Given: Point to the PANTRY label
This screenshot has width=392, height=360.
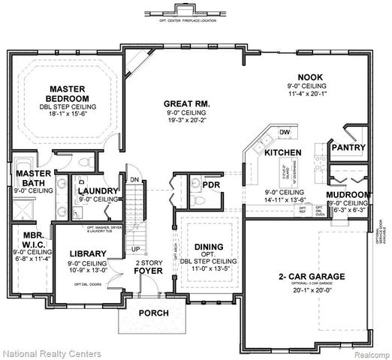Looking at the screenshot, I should coord(348,148).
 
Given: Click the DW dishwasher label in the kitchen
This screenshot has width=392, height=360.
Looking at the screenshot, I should coord(284,133).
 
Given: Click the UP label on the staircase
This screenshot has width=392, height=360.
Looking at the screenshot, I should coord(136,248).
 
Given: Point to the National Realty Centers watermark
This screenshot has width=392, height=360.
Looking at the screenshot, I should coord(47,351).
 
